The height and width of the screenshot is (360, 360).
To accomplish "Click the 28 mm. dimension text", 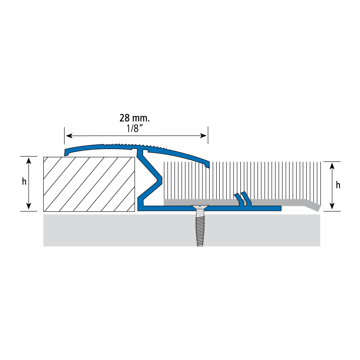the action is (135, 118).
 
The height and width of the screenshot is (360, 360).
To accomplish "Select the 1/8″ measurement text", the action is (133, 129).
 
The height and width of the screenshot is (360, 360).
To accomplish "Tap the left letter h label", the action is (24, 182).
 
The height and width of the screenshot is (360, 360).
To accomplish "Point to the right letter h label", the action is (338, 185).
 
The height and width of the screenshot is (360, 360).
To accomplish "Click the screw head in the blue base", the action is (200, 207).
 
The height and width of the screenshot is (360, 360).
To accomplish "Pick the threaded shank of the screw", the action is (200, 228).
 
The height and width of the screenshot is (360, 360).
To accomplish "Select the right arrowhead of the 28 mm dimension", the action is (203, 136).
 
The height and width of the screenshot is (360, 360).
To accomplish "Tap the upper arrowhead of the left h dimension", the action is (29, 160).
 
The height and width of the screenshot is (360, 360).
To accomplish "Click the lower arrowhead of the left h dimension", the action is (29, 206).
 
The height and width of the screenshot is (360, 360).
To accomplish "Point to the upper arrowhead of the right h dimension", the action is (332, 166).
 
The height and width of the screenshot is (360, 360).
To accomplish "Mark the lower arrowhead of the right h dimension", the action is (332, 206).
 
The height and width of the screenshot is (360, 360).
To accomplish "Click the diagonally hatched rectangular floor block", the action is (89, 184).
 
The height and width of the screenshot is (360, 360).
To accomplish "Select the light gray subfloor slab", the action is (182, 230).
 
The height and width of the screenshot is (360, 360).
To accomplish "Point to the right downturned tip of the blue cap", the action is (207, 165).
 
